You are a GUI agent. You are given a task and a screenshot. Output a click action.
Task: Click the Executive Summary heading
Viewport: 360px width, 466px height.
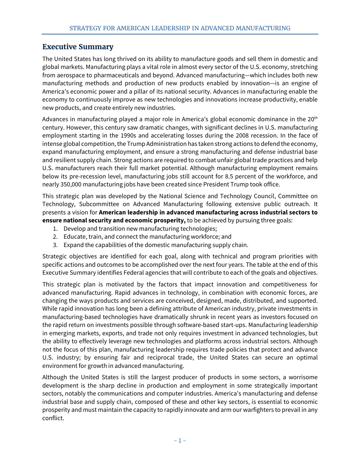(78, 47)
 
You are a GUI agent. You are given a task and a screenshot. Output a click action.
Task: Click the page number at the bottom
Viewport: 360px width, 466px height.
(180, 440)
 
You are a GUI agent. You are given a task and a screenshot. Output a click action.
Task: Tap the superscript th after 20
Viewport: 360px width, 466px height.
(316, 118)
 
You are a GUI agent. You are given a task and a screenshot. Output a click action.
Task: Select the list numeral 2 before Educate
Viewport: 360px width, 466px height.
(55, 237)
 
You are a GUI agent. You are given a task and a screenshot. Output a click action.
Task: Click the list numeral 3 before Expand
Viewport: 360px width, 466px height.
(55, 245)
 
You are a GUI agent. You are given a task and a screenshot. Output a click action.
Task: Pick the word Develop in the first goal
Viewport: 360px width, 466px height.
(75, 228)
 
